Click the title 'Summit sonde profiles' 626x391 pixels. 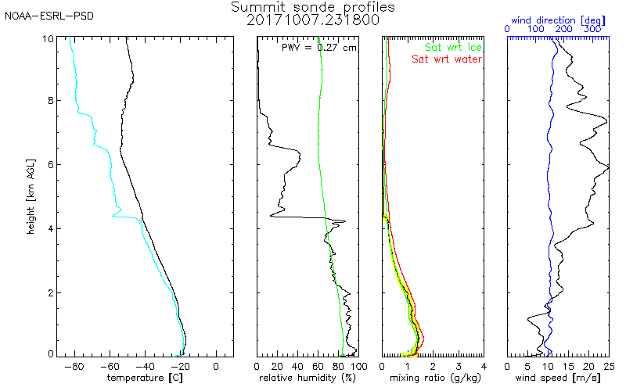point(313,7)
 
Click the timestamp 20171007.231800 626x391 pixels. point(313,20)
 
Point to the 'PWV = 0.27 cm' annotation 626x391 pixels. point(318,48)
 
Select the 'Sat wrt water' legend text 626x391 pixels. point(448,59)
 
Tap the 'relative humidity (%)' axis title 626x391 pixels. point(308,378)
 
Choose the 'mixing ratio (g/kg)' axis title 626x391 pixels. point(433,378)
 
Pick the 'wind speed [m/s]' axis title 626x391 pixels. point(558,378)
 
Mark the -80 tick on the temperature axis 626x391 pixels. point(74,365)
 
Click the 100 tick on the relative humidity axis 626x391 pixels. point(358,365)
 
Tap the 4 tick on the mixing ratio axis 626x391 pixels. point(484,365)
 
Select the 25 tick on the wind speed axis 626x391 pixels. point(608,365)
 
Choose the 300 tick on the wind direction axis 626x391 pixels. point(593,29)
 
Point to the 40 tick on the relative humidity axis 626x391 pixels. point(297,365)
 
